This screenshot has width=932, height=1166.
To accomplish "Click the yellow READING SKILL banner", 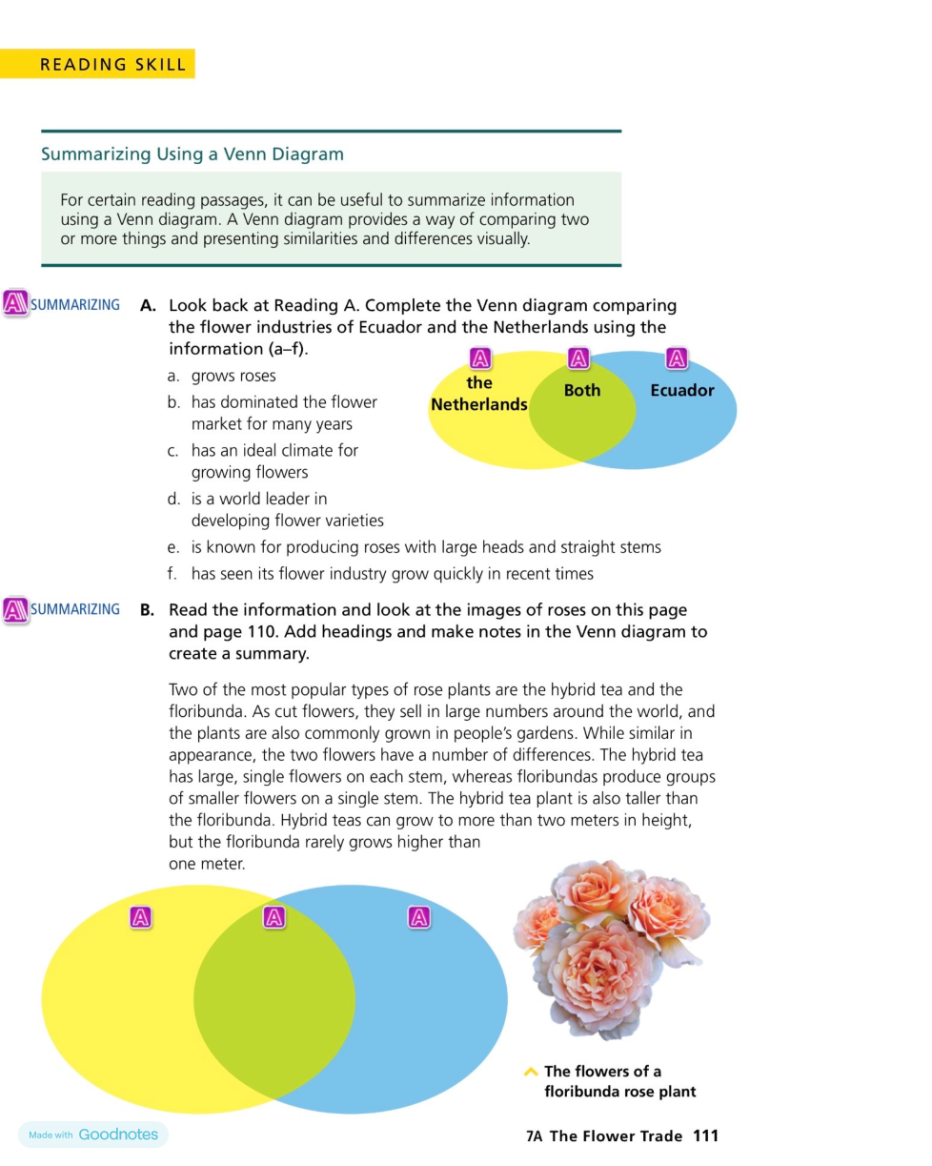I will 98,64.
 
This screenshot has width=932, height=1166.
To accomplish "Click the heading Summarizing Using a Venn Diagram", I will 192,153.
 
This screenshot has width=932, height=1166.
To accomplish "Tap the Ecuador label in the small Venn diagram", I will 681,390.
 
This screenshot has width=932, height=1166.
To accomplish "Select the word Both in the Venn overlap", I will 582,390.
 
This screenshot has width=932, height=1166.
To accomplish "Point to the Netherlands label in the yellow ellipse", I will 478,394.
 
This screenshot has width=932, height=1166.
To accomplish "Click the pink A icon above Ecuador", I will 677,358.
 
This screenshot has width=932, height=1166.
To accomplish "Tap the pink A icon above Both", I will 577,358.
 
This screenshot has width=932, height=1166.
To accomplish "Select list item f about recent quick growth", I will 391,573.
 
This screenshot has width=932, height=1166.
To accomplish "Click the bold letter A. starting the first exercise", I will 148,306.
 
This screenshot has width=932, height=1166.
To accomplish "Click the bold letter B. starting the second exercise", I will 148,610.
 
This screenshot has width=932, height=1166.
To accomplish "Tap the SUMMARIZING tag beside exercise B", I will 75,609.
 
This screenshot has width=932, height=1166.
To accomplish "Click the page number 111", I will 705,1135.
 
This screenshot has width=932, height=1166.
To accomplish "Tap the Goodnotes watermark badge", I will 92,1135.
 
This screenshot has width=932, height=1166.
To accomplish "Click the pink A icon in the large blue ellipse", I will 418,917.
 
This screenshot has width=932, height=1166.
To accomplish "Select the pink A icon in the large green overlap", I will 274,917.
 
